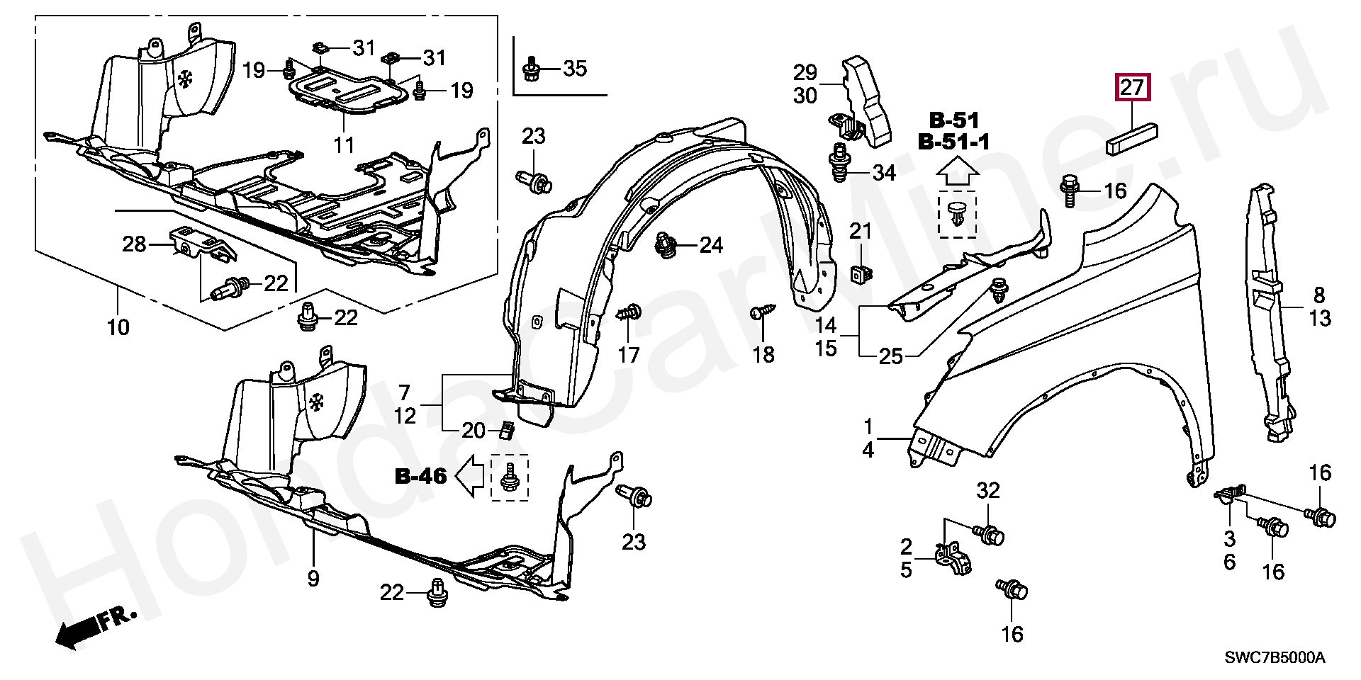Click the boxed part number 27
click(x=1132, y=88)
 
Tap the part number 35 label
click(x=575, y=69)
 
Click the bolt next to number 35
click(x=531, y=69)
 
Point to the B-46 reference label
click(x=421, y=477)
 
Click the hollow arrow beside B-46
click(x=468, y=477)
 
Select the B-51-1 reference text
click(x=953, y=142)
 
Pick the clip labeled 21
click(x=860, y=273)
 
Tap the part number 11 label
click(x=345, y=145)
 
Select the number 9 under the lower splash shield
click(x=313, y=579)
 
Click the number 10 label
click(x=118, y=327)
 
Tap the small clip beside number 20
click(x=507, y=429)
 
